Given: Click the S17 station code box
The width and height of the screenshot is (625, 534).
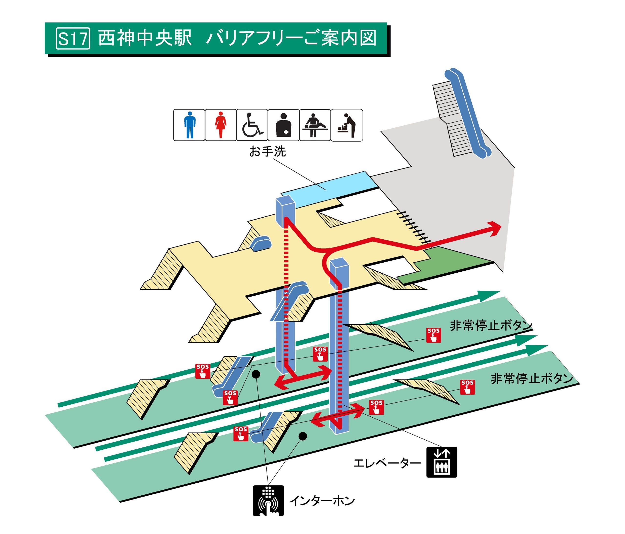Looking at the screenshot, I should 73,38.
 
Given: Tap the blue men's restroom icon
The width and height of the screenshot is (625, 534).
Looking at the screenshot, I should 189,125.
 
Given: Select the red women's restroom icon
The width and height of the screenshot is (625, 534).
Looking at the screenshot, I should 220,125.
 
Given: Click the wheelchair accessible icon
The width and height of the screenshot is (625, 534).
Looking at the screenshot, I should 252,125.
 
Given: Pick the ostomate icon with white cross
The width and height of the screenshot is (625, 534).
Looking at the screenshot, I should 283,125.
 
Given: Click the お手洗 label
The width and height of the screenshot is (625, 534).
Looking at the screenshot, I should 267,151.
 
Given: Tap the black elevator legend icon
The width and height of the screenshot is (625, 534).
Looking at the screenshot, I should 442,462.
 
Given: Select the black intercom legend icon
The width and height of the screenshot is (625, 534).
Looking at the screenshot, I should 268,501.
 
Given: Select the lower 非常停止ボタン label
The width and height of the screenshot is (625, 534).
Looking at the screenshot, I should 532,379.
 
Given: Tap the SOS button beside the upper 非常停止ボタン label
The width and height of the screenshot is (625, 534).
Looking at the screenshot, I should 433,335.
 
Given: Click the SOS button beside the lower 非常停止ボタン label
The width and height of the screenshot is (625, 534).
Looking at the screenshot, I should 467,387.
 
